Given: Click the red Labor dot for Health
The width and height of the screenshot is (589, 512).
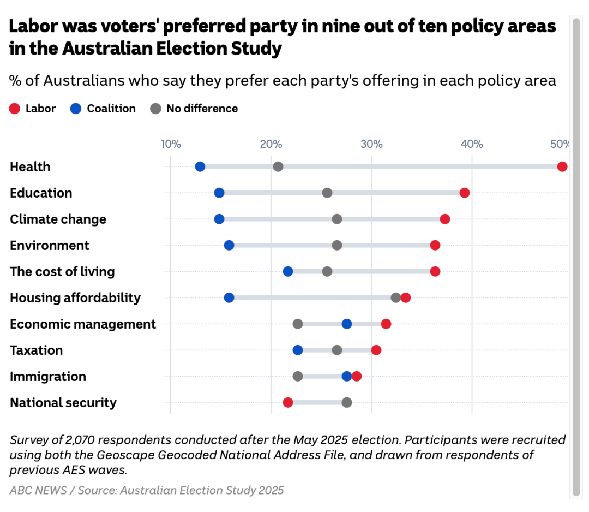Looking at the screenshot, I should coord(562,166).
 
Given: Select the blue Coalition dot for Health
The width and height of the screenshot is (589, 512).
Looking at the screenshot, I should coord(200,166).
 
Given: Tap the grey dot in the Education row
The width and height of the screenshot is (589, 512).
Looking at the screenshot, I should coord(327,193).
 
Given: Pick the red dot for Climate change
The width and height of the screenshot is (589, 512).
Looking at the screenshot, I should coord(445,219).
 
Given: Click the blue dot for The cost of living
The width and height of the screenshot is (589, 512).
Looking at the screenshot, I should coord(288,271).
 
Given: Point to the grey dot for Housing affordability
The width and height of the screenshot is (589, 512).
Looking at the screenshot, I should coord(396,297).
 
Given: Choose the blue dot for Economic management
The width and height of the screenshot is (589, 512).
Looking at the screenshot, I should coord(347,324).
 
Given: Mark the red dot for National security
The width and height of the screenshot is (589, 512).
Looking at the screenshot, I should coord(288,402).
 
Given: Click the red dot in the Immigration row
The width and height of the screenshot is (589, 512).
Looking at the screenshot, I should coord(357,376).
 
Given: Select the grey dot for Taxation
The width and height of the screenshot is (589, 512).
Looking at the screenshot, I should coord(337,350).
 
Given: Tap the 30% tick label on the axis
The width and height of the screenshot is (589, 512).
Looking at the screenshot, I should coord(371,144).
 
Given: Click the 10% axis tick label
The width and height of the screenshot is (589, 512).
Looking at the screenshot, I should coord(171,144).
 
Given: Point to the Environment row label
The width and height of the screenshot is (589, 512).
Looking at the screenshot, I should coord(50,246).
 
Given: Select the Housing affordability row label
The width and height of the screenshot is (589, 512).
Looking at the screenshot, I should coord(75,298).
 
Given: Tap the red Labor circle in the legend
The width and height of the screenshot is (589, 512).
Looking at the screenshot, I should coord(15,109).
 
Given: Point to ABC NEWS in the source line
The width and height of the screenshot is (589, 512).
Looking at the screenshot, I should coord(38,490).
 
